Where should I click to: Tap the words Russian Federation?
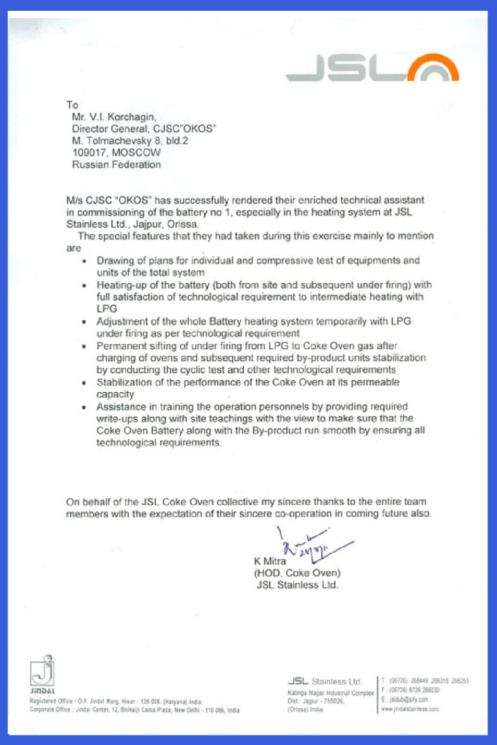tap(116, 164)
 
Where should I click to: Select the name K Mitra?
tap(270, 561)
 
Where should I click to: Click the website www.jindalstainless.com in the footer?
tap(410, 708)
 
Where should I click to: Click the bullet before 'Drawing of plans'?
tap(87, 260)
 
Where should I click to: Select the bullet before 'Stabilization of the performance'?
tap(87, 383)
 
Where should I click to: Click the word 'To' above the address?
tap(71, 105)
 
